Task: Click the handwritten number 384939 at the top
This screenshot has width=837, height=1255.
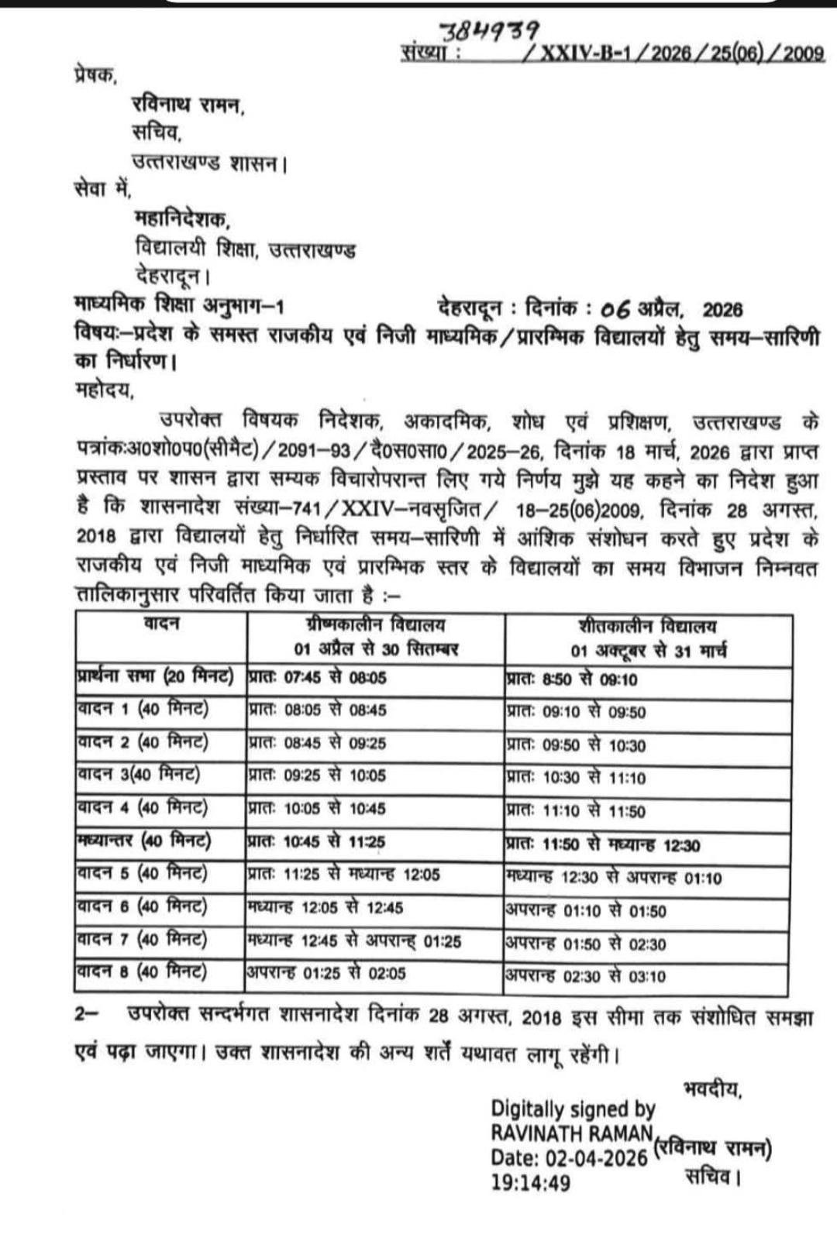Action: coord(490,31)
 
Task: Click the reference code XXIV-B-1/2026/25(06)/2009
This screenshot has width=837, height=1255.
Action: coord(681,53)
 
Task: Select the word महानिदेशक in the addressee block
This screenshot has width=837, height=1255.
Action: coord(183,221)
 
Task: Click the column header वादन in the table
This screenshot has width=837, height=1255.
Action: coord(161,624)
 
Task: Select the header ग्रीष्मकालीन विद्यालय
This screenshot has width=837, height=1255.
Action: coord(376,625)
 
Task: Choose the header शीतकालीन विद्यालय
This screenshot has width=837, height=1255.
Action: coord(648,626)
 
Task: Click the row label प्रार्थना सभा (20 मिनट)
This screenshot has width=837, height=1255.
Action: coord(156,676)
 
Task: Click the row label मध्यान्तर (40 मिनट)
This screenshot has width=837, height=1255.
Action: coord(144,841)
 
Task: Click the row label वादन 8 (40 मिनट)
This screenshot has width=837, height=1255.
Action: coord(143,971)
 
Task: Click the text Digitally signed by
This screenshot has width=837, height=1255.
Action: coord(573,1109)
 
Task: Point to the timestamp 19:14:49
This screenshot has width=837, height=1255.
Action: coord(530,1182)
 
